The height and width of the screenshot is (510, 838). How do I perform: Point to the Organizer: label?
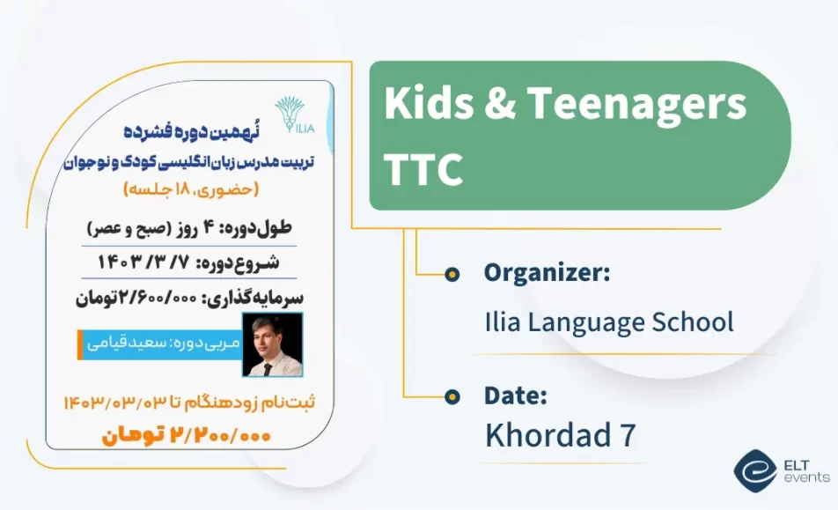click(547, 273)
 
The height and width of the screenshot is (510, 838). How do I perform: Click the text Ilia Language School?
click(608, 322)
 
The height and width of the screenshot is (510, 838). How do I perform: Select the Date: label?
click(516, 395)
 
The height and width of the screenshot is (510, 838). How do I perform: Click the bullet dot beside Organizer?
click(452, 274)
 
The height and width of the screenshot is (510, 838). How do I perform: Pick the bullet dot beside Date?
click(452, 396)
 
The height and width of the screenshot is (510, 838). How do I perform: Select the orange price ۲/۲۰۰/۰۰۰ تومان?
click(187, 435)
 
